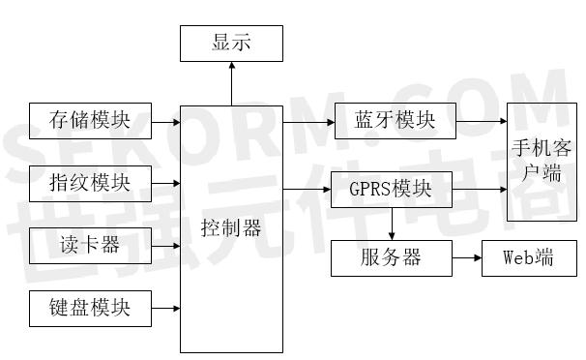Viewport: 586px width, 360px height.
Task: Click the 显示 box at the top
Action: click(x=231, y=44)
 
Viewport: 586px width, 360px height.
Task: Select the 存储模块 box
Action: click(x=90, y=121)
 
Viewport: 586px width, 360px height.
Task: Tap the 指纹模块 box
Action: click(x=90, y=181)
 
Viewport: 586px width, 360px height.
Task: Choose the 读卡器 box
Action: click(x=90, y=245)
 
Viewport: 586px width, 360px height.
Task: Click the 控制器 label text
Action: click(x=231, y=229)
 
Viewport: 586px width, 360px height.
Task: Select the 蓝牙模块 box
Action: click(x=394, y=121)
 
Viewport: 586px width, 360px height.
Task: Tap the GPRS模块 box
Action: click(x=391, y=188)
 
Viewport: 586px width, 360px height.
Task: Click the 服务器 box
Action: click(x=391, y=258)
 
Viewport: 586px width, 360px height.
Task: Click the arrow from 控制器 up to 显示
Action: click(x=231, y=82)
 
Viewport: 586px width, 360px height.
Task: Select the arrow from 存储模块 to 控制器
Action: click(x=165, y=122)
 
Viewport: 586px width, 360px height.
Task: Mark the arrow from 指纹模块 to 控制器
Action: click(x=165, y=182)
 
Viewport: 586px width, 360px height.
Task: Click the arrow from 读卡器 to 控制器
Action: click(x=165, y=245)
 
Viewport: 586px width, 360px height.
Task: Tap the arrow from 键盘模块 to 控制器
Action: click(x=165, y=309)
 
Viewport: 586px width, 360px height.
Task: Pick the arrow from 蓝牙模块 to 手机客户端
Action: click(x=481, y=122)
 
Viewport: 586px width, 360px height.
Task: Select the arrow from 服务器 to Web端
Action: click(x=465, y=259)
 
